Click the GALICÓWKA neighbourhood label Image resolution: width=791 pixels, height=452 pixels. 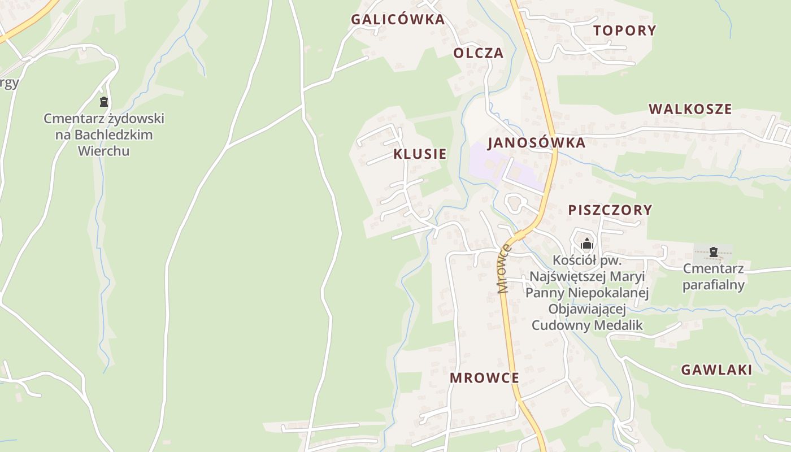398,19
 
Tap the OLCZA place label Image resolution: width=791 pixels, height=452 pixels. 478,53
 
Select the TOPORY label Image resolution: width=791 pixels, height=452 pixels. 624,31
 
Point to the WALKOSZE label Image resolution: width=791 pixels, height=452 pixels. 690,109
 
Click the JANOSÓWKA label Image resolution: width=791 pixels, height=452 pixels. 536,142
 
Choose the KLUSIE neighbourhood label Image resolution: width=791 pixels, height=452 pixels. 420,154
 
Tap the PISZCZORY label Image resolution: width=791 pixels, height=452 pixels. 610,210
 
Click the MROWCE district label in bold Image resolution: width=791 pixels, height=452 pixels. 484,378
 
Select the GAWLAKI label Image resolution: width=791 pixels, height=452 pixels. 716,370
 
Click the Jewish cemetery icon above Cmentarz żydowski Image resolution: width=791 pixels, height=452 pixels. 103,102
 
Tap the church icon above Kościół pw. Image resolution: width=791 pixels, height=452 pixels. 587,244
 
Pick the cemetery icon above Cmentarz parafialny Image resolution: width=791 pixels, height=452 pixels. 713,251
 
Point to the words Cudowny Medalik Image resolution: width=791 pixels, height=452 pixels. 587,325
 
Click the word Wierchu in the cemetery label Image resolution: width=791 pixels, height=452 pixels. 103,151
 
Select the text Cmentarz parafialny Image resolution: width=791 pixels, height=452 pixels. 713,276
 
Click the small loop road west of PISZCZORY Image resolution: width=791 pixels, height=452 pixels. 515,203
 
